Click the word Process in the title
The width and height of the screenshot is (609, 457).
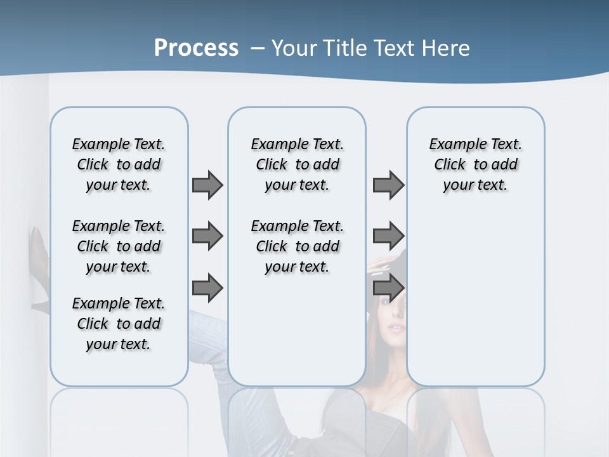(x=196, y=48)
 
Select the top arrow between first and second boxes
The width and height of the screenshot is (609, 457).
(x=207, y=185)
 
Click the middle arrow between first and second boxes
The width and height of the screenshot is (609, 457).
(x=207, y=237)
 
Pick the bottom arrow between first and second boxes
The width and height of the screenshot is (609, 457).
(x=207, y=288)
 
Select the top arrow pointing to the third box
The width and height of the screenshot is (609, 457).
(x=388, y=185)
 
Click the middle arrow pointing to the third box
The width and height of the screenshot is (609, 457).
(x=388, y=237)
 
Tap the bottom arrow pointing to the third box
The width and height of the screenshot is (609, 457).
(x=388, y=288)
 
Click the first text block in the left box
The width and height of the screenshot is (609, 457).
(x=119, y=164)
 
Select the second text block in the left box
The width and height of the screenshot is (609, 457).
(x=119, y=246)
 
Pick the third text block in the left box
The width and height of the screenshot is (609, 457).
(x=119, y=324)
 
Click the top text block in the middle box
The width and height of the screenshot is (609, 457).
(x=297, y=164)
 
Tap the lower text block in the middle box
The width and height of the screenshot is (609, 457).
(x=297, y=246)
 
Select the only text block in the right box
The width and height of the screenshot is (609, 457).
(x=475, y=164)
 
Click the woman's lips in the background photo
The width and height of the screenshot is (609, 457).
(x=395, y=328)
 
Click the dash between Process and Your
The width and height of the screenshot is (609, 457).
(x=258, y=48)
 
